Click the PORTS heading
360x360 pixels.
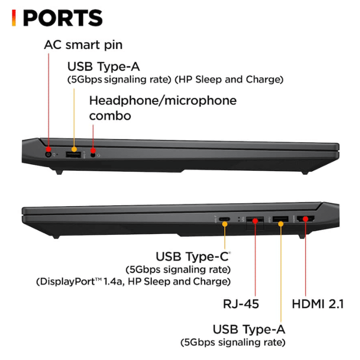point(63,18)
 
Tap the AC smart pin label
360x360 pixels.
point(83,45)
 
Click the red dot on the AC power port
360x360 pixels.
point(48,149)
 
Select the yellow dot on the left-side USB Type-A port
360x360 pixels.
point(74,149)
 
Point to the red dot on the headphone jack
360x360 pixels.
point(93,150)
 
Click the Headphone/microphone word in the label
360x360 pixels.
point(163,101)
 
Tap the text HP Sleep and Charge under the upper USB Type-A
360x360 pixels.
point(229,79)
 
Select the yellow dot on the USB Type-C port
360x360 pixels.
point(225,224)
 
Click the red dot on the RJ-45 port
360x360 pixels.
point(255,221)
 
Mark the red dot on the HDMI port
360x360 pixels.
point(305,219)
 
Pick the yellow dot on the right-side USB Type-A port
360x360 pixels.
point(281,224)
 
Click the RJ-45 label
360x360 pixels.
point(241,304)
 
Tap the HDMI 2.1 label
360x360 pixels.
point(318,304)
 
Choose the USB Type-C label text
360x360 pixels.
point(192,257)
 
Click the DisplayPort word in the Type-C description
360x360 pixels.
point(66,281)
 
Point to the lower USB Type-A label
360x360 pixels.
point(249,329)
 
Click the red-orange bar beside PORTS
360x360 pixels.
point(14,17)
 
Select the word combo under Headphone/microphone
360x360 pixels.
point(110,116)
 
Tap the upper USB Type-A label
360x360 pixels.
point(103,66)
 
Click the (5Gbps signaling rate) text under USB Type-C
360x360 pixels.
point(178,269)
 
